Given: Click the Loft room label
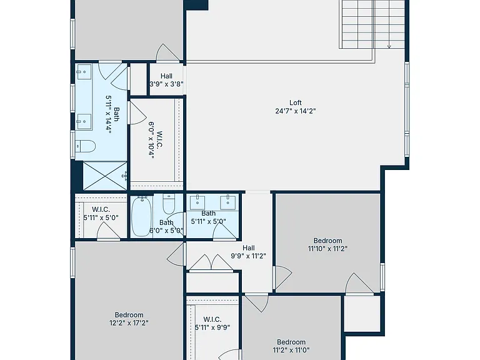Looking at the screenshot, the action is (296, 102).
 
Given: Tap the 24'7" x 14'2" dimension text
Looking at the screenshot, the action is (296, 111).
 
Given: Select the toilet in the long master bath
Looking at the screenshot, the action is (86, 146).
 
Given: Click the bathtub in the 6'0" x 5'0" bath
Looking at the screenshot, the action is (141, 216).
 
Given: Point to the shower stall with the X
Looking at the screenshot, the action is (105, 176).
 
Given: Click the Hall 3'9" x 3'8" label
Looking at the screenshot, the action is (166, 80).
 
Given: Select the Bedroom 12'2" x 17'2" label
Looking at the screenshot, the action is (129, 319).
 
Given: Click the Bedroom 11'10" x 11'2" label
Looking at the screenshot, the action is (328, 244).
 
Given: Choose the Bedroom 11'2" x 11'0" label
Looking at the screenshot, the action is (291, 346).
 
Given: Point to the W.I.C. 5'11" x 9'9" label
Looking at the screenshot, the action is (212, 323).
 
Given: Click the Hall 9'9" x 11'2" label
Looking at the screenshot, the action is (249, 252).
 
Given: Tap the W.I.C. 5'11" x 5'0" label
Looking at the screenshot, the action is (101, 214).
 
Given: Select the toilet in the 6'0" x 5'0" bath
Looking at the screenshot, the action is (169, 204).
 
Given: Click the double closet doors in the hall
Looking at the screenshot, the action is (211, 262).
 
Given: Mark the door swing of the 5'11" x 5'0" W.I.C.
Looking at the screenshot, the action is (108, 230).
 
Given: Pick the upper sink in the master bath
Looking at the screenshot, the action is (84, 72).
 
